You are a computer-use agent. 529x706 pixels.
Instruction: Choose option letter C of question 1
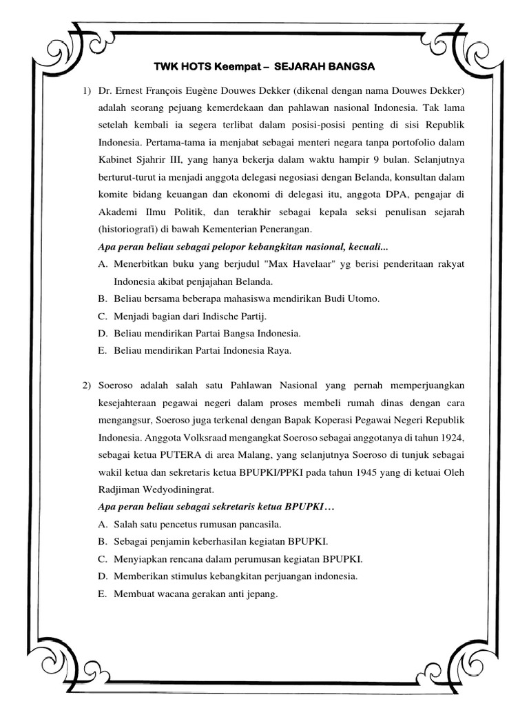click(102, 316)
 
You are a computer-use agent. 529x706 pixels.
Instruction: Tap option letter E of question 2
click(102, 593)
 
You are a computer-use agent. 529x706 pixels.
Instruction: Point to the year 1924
click(451, 436)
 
